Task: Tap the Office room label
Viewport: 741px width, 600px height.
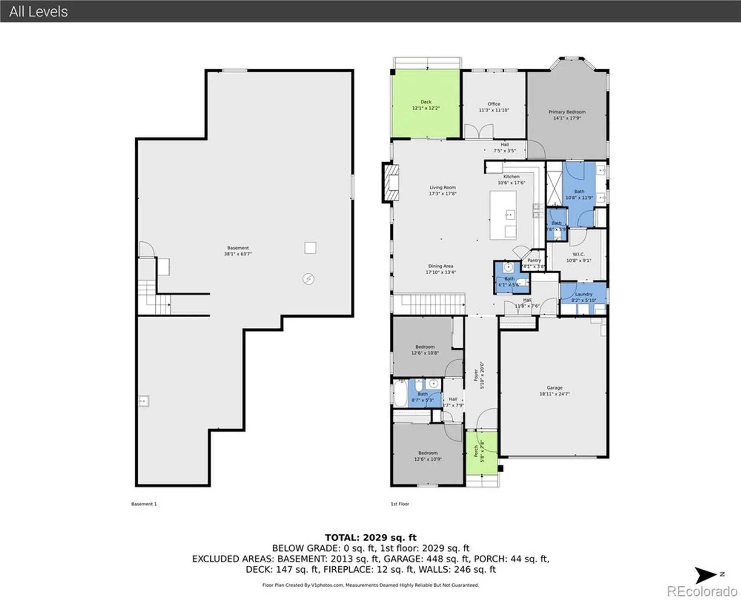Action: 494,104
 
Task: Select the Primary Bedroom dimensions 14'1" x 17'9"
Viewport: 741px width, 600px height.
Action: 567,118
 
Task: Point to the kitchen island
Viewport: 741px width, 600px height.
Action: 503,215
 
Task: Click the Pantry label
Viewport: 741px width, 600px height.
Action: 534,260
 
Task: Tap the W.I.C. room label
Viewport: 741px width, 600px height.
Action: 578,254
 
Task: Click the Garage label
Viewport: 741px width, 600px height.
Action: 554,388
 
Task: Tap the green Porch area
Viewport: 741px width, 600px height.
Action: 481,453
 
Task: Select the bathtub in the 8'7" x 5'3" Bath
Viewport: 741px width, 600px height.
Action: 400,393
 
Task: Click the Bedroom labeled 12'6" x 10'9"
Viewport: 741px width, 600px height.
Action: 428,456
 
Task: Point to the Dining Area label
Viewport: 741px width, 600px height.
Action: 440,266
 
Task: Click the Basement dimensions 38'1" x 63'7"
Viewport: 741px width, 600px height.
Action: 238,254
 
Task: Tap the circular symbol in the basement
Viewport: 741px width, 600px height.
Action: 308,279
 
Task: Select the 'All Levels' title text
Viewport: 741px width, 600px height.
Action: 38,11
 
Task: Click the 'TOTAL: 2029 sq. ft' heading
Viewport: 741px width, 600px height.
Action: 370,538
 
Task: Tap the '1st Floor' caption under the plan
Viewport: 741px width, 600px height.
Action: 400,504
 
